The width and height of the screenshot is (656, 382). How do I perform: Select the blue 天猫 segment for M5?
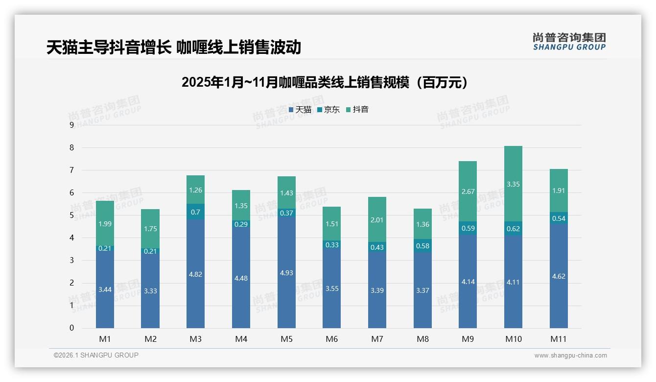286,272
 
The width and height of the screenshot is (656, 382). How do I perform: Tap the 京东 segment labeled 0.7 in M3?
196,212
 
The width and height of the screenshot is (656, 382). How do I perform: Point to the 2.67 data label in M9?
468,191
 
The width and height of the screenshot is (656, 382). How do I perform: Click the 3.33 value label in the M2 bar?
150,291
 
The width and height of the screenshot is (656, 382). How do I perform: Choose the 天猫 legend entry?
300,110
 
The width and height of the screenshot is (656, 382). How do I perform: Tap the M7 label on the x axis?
377,339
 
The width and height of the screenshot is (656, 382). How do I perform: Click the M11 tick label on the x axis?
559,339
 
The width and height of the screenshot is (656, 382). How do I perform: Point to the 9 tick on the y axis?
71,125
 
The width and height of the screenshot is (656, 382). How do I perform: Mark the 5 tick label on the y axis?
71,215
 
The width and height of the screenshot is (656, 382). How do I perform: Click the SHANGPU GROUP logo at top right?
569,42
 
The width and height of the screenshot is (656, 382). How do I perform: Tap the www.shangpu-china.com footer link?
570,356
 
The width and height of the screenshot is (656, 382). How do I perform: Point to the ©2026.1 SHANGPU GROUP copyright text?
96,355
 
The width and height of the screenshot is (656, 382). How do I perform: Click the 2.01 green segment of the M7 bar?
377,219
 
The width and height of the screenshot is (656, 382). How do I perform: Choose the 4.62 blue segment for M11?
559,276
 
